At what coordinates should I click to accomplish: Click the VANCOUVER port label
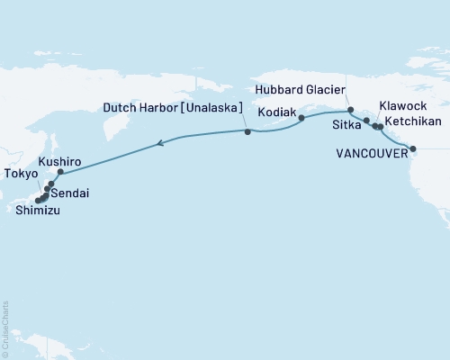point(371,154)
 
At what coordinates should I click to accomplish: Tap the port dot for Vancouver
point(413,148)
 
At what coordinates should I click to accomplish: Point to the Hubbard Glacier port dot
point(350,109)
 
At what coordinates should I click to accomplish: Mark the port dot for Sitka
point(366,120)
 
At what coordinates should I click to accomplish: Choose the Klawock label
point(402,105)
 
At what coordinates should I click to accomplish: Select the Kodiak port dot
point(301,118)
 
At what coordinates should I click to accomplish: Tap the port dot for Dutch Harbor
point(247,132)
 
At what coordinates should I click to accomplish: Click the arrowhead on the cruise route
point(160,142)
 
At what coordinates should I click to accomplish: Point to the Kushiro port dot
point(60,172)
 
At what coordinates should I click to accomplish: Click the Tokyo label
point(21,174)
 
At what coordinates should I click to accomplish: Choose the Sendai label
point(69,193)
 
